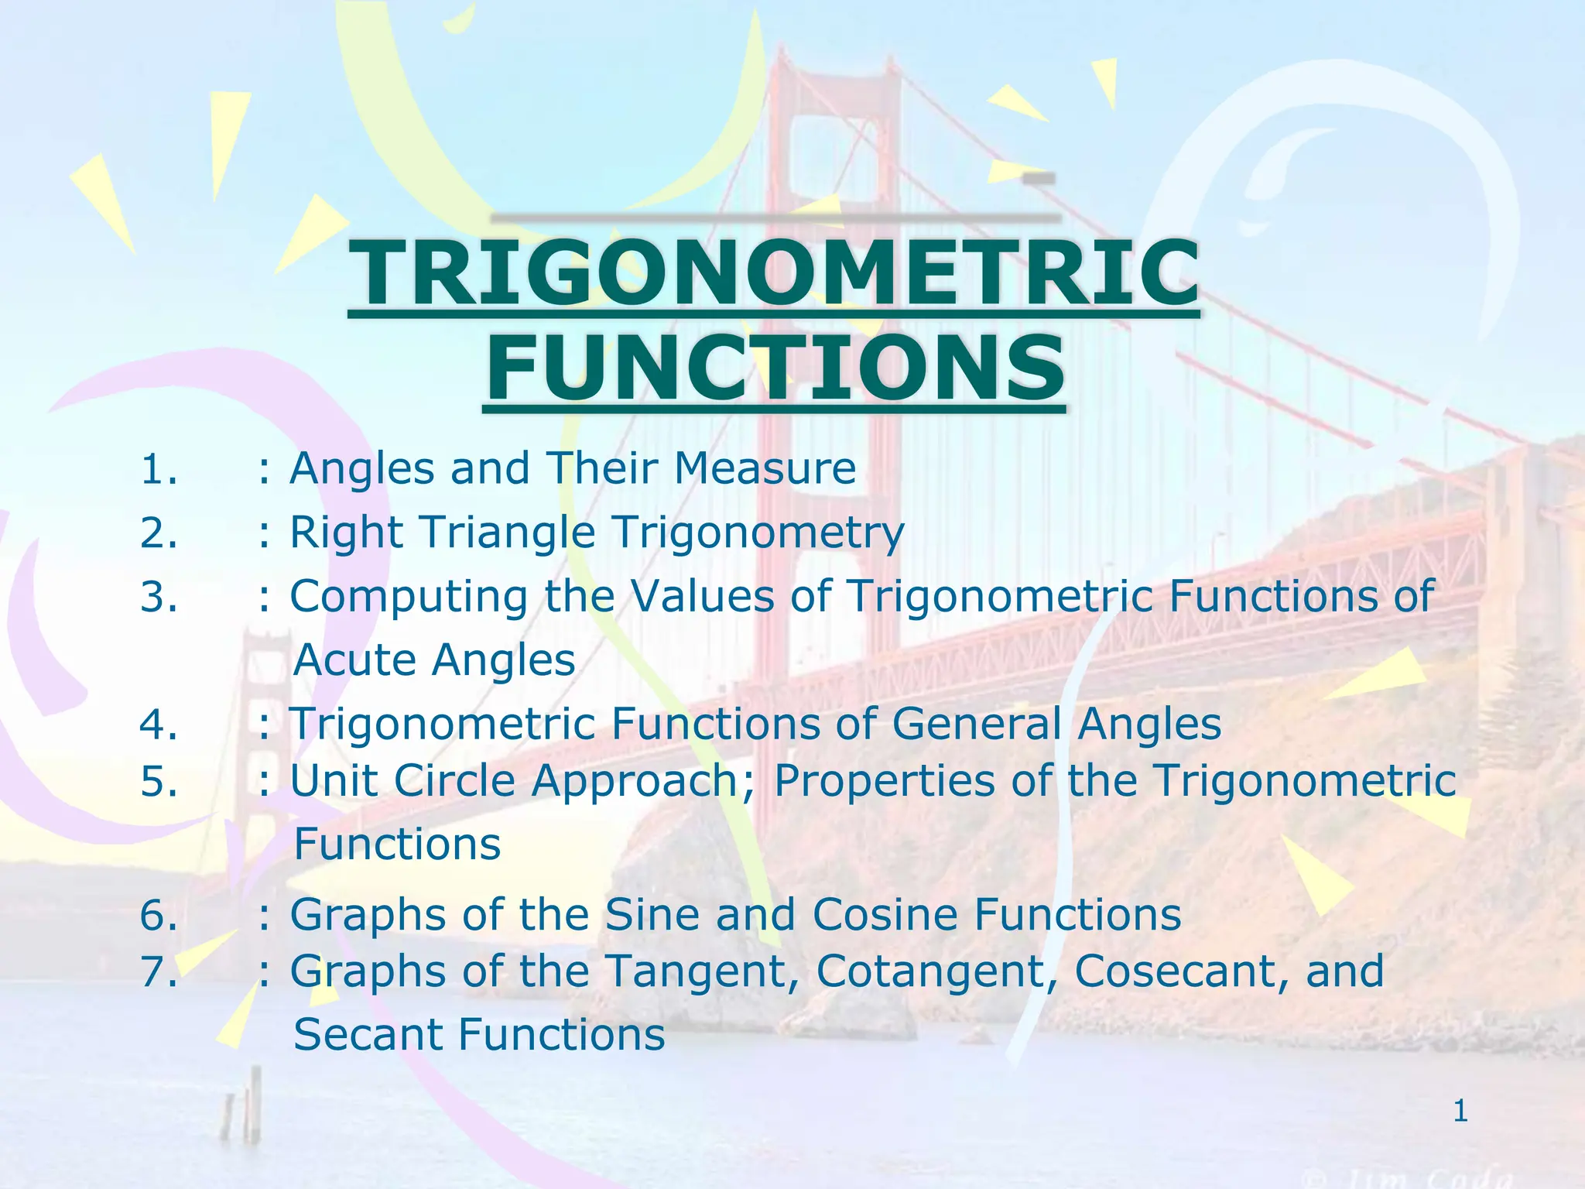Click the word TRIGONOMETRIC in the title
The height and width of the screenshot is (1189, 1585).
[x=774, y=274]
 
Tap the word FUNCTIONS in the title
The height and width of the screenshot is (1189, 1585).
[x=774, y=370]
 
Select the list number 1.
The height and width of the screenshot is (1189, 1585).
[x=159, y=469]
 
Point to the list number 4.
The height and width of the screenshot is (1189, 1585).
[x=159, y=725]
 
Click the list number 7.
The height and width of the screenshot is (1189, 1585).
[x=159, y=971]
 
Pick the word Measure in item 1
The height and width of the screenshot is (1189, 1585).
[x=765, y=469]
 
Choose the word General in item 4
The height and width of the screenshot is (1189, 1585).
[x=977, y=725]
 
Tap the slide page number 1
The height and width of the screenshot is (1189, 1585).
[x=1460, y=1112]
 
